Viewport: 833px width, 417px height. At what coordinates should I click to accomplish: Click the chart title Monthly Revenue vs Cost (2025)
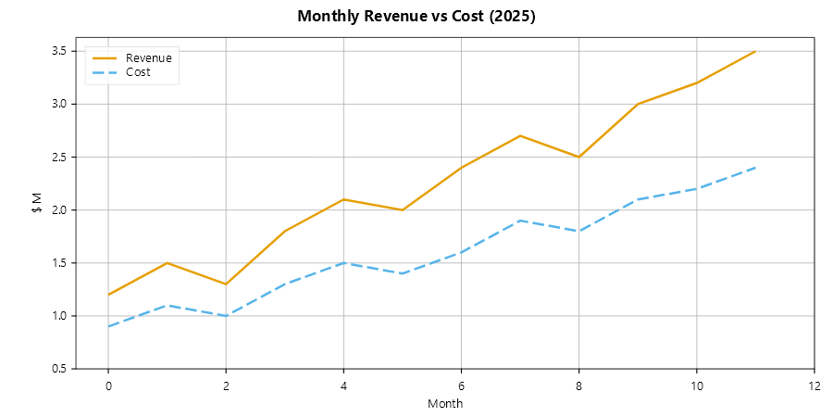pyautogui.click(x=416, y=17)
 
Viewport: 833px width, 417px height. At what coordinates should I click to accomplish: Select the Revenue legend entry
pyautogui.click(x=149, y=57)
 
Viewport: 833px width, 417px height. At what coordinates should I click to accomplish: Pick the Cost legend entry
pyautogui.click(x=138, y=72)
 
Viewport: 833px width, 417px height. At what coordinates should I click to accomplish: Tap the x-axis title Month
pyautogui.click(x=445, y=404)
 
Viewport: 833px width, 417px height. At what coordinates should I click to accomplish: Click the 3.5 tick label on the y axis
pyautogui.click(x=59, y=51)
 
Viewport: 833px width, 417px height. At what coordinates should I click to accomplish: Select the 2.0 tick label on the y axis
pyautogui.click(x=59, y=210)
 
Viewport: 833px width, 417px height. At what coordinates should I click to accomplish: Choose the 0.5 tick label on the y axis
pyautogui.click(x=59, y=369)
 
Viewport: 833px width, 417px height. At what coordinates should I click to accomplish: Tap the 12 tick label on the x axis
pyautogui.click(x=814, y=385)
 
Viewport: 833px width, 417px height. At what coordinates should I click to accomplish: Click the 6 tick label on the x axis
pyautogui.click(x=461, y=385)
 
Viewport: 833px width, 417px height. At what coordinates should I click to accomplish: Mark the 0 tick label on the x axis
pyautogui.click(x=108, y=385)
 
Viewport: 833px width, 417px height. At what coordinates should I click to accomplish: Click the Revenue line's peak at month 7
pyautogui.click(x=520, y=135)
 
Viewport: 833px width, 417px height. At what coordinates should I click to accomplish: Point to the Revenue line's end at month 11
pyautogui.click(x=755, y=51)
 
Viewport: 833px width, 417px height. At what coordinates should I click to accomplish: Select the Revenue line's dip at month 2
pyautogui.click(x=226, y=284)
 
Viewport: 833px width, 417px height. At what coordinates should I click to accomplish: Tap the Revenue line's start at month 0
pyautogui.click(x=108, y=295)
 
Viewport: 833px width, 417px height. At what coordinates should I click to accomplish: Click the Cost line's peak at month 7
pyautogui.click(x=520, y=221)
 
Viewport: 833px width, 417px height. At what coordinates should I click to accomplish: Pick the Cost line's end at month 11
pyautogui.click(x=755, y=168)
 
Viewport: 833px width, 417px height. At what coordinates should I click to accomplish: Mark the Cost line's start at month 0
pyautogui.click(x=108, y=326)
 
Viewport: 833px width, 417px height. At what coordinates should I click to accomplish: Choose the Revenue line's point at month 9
pyautogui.click(x=638, y=104)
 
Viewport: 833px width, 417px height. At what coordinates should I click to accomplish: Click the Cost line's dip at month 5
pyautogui.click(x=403, y=273)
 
